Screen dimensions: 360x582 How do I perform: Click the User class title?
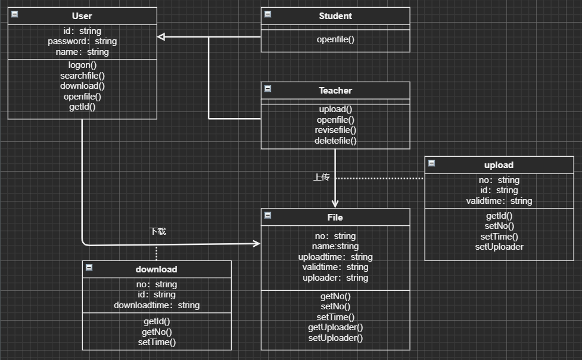[x=82, y=16]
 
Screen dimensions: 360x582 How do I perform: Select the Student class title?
[x=335, y=16]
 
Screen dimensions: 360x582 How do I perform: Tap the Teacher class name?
[x=335, y=91]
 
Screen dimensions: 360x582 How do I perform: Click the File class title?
[x=335, y=218]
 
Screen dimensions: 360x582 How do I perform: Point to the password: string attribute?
[x=82, y=41]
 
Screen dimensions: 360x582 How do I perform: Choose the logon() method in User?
[x=82, y=65]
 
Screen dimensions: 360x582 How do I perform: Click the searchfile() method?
[x=82, y=76]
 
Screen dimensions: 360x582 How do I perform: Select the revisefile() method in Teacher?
[x=335, y=130]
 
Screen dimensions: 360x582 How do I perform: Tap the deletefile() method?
[x=335, y=141]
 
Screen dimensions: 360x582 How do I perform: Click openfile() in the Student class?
[x=335, y=40]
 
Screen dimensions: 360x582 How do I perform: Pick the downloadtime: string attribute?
[x=157, y=305]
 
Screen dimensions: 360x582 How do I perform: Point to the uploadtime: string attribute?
[x=335, y=257]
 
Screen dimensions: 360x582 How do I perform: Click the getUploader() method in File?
[x=335, y=327]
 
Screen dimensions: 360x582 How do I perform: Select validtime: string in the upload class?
[x=499, y=201]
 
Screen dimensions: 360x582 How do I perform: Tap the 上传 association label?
[x=322, y=177]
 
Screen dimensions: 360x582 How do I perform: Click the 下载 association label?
[x=157, y=231]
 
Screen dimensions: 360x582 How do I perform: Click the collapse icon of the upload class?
[x=432, y=163]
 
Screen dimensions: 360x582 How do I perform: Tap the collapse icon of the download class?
[x=89, y=268]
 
